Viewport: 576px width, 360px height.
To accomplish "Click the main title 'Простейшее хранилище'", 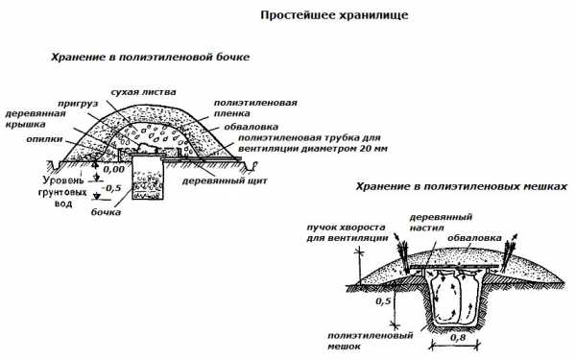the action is point(334,15).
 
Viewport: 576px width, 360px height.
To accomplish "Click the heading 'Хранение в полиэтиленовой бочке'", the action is point(150,58).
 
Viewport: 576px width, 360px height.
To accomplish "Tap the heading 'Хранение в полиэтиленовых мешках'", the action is point(462,186).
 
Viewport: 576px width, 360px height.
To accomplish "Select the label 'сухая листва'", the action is point(143,92).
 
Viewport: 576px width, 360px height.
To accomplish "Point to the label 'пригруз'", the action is point(73,104).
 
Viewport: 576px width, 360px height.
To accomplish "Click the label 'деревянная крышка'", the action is point(36,119).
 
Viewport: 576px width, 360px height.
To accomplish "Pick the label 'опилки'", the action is point(44,139).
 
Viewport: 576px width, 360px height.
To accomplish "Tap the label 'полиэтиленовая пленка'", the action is point(255,108).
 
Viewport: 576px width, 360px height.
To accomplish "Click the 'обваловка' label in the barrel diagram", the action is point(251,127).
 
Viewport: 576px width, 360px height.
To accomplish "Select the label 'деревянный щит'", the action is point(225,180).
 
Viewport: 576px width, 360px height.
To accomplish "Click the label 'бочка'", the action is point(106,212).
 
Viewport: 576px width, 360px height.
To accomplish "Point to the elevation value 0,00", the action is point(113,169).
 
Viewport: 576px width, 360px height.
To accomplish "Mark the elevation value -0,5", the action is point(111,188).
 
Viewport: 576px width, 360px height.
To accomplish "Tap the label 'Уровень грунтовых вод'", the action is point(62,192).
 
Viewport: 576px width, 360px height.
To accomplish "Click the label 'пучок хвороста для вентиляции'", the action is point(348,232).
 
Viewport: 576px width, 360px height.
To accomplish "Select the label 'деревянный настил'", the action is point(441,222).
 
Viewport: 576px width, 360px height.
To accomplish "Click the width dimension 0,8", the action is point(457,337).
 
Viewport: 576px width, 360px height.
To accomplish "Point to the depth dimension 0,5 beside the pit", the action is point(383,301).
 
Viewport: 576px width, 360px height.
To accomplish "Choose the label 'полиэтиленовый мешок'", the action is point(371,341).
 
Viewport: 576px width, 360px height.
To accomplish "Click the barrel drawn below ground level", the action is point(147,178).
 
